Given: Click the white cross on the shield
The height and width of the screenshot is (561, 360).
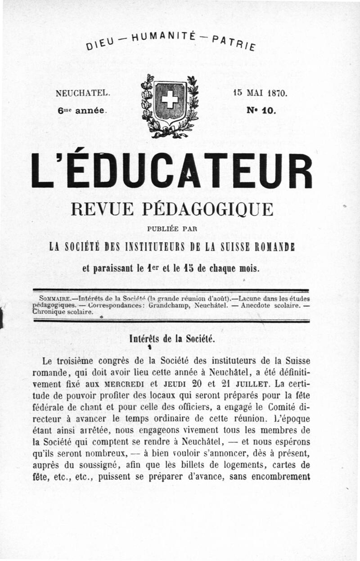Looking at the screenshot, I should pyautogui.click(x=170, y=99).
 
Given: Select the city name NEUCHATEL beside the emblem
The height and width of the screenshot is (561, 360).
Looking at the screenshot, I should pyautogui.click(x=83, y=94).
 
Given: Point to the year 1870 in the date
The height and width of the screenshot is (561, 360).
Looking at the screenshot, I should pyautogui.click(x=276, y=94).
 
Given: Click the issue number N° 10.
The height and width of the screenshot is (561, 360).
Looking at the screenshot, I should pyautogui.click(x=261, y=109).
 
